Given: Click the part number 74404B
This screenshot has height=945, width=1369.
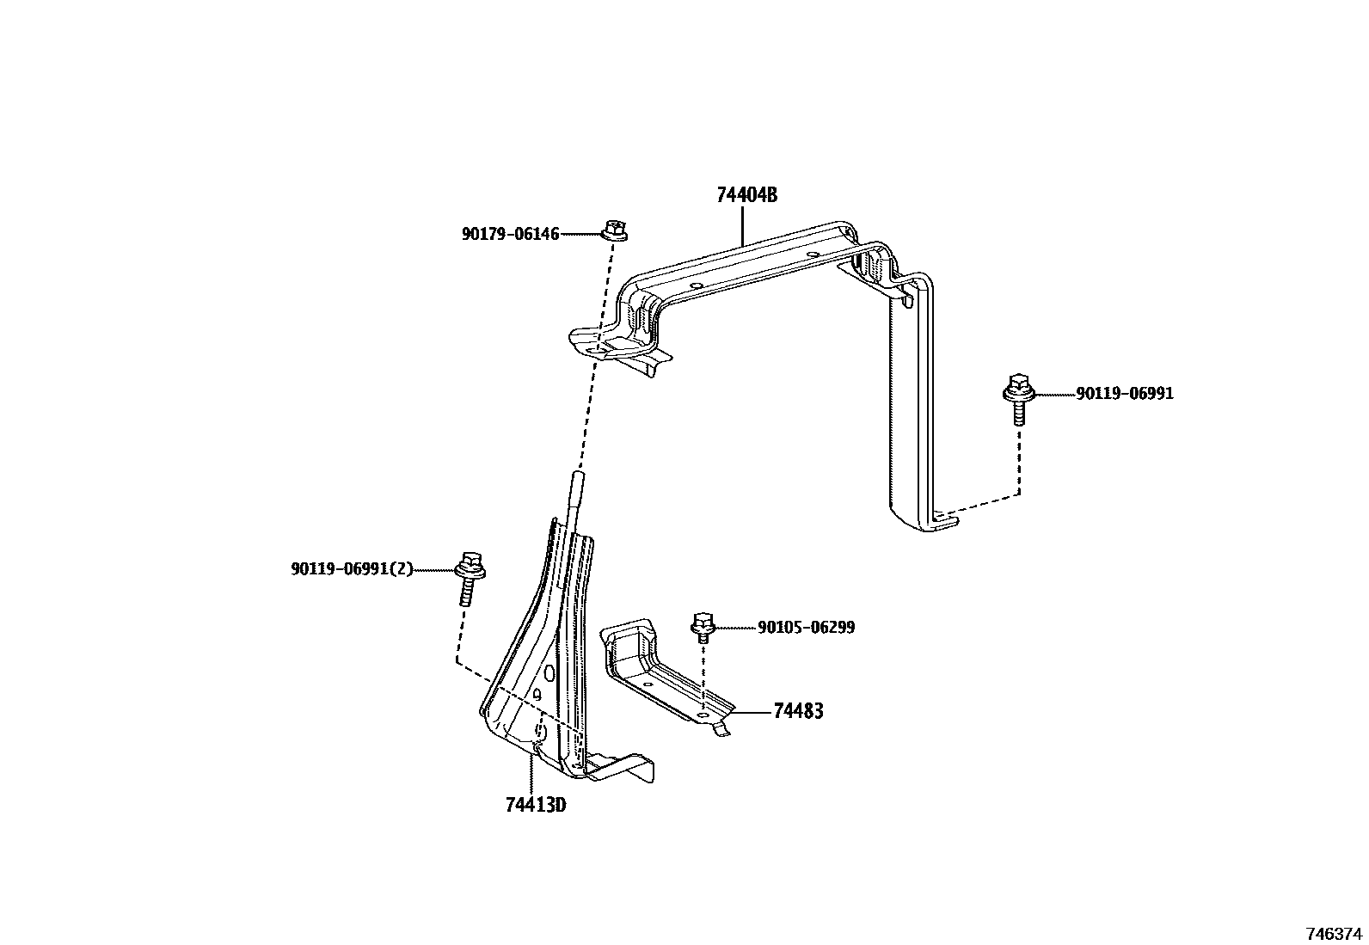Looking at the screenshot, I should pyautogui.click(x=746, y=195).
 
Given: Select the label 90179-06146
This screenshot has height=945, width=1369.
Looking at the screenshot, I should pyautogui.click(x=510, y=234).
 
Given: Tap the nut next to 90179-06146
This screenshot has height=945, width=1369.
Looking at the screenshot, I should pyautogui.click(x=614, y=230).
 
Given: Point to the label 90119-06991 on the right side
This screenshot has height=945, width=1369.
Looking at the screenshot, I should pyautogui.click(x=1124, y=394).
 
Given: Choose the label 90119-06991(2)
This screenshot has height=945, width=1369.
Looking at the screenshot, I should pyautogui.click(x=352, y=569).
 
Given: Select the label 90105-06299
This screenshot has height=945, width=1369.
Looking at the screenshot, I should pyautogui.click(x=806, y=628).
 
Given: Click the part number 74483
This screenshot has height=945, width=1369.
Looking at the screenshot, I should pyautogui.click(x=798, y=711).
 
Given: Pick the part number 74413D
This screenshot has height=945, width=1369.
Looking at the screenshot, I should pyautogui.click(x=536, y=806).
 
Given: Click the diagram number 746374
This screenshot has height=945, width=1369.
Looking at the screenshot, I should pyautogui.click(x=1334, y=933).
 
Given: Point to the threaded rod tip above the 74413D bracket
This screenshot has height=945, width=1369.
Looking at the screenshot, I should pyautogui.click(x=576, y=478).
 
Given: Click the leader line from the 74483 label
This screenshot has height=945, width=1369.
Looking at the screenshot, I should pyautogui.click(x=752, y=712).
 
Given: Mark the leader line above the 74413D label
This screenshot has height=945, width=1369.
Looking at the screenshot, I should pyautogui.click(x=531, y=770).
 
